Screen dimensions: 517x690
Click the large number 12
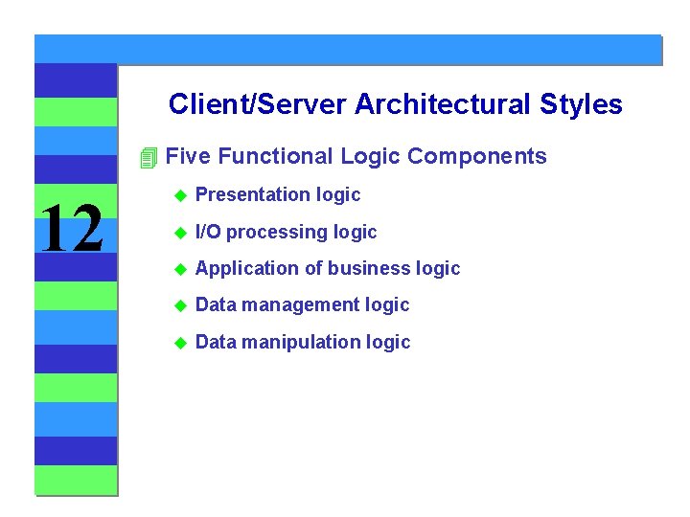pos(74,230)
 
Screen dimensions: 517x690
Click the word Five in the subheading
pos(188,156)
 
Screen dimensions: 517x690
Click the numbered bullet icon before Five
pos(148,158)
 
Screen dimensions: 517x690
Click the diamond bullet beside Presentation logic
pos(178,195)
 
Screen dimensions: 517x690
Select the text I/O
pos(208,232)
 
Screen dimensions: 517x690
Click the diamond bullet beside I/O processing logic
pos(178,233)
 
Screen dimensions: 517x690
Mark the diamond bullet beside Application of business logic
pos(178,269)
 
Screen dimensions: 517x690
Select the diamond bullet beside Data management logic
pos(178,305)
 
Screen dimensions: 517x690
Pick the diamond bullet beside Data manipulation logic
pos(178,343)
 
